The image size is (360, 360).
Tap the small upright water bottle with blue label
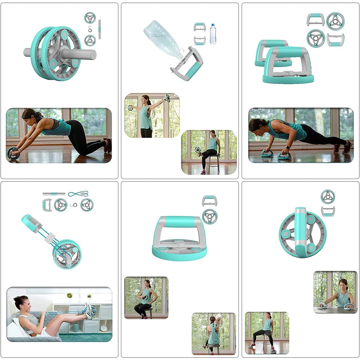pos(213,34)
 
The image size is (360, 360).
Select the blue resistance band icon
pos(78,194)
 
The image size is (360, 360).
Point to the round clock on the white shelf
pos(104,328)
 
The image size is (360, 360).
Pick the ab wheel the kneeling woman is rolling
pos(13,153)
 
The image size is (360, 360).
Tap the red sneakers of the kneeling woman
pos(108,146)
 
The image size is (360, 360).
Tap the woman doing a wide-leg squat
pos(266,330)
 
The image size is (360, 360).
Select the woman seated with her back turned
pos(213,334)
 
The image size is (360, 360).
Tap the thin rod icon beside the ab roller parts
pos(99,29)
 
